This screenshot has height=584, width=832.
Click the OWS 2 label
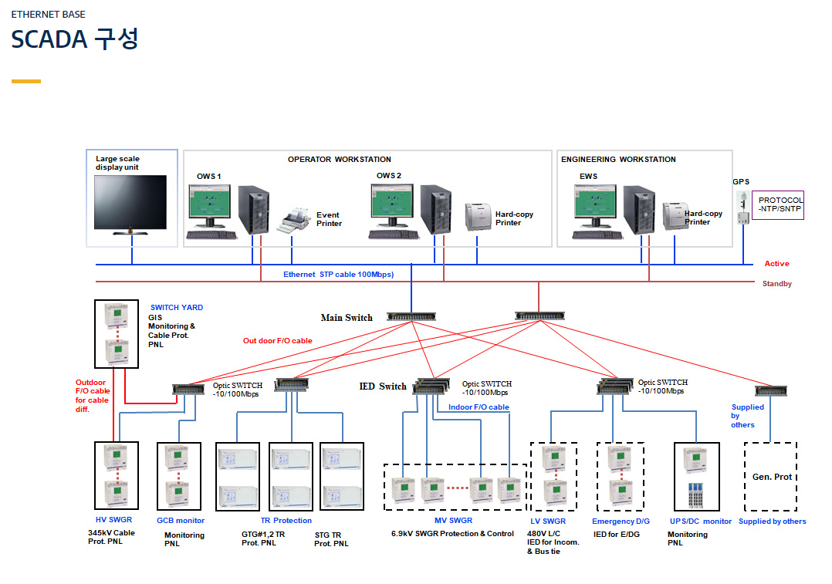(389, 176)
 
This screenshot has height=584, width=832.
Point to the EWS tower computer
(639, 210)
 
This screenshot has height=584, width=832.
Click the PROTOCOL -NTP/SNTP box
(778, 204)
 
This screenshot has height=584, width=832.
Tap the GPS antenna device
(742, 208)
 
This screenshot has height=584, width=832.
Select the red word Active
(776, 264)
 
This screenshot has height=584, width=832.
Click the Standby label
(776, 284)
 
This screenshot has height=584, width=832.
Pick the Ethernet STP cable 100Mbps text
(339, 274)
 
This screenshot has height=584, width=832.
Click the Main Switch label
(347, 318)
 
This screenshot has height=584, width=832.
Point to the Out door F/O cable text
(278, 340)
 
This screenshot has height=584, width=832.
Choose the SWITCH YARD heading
(177, 307)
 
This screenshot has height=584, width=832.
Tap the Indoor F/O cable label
(479, 407)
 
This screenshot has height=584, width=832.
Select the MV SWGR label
(453, 520)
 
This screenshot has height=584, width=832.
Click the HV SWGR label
(113, 520)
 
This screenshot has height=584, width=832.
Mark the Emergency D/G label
(621, 522)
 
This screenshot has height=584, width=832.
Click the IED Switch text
(383, 387)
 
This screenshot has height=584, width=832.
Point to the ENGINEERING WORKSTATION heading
(618, 159)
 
